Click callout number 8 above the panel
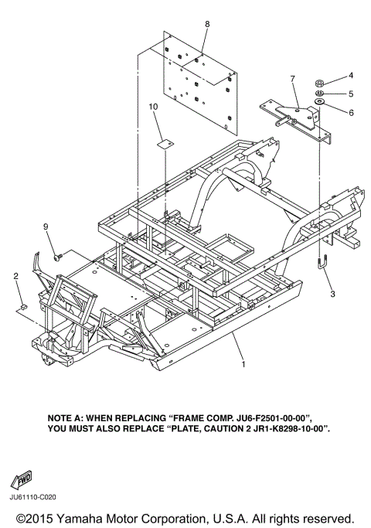207,24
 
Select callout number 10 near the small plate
153,107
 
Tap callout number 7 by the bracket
292,79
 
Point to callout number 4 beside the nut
350,76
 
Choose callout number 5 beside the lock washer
351,94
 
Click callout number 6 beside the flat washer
351,112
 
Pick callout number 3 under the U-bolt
332,294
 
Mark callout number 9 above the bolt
46,227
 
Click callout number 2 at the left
15,276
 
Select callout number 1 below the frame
243,364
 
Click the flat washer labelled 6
319,101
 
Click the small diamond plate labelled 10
165,144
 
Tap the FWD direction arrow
22,479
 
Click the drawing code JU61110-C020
33,497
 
